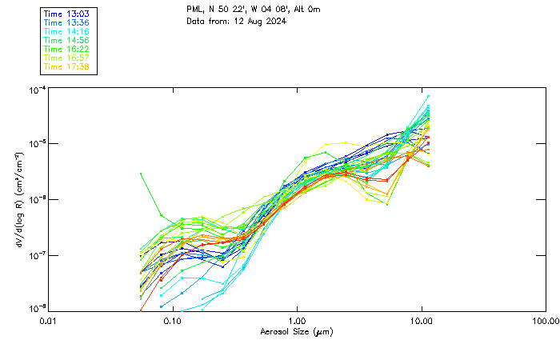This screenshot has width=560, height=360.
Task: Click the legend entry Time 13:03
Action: click(x=66, y=14)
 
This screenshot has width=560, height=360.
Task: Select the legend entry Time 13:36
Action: click(x=66, y=22)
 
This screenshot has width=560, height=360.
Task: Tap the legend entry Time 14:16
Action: click(x=66, y=31)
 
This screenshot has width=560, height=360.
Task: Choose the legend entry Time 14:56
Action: click(x=66, y=40)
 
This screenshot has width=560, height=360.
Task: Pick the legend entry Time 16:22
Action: click(x=66, y=49)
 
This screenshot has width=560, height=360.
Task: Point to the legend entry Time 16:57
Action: click(x=66, y=58)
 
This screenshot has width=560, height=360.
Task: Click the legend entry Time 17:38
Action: click(x=66, y=66)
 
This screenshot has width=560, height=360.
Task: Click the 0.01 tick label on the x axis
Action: click(x=48, y=320)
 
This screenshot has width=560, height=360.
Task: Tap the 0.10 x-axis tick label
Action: click(x=172, y=320)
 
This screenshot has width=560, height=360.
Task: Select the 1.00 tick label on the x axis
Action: click(x=297, y=320)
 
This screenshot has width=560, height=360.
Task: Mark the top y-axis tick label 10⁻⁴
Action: click(x=36, y=90)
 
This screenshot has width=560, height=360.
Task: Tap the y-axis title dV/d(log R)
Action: click(x=18, y=200)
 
